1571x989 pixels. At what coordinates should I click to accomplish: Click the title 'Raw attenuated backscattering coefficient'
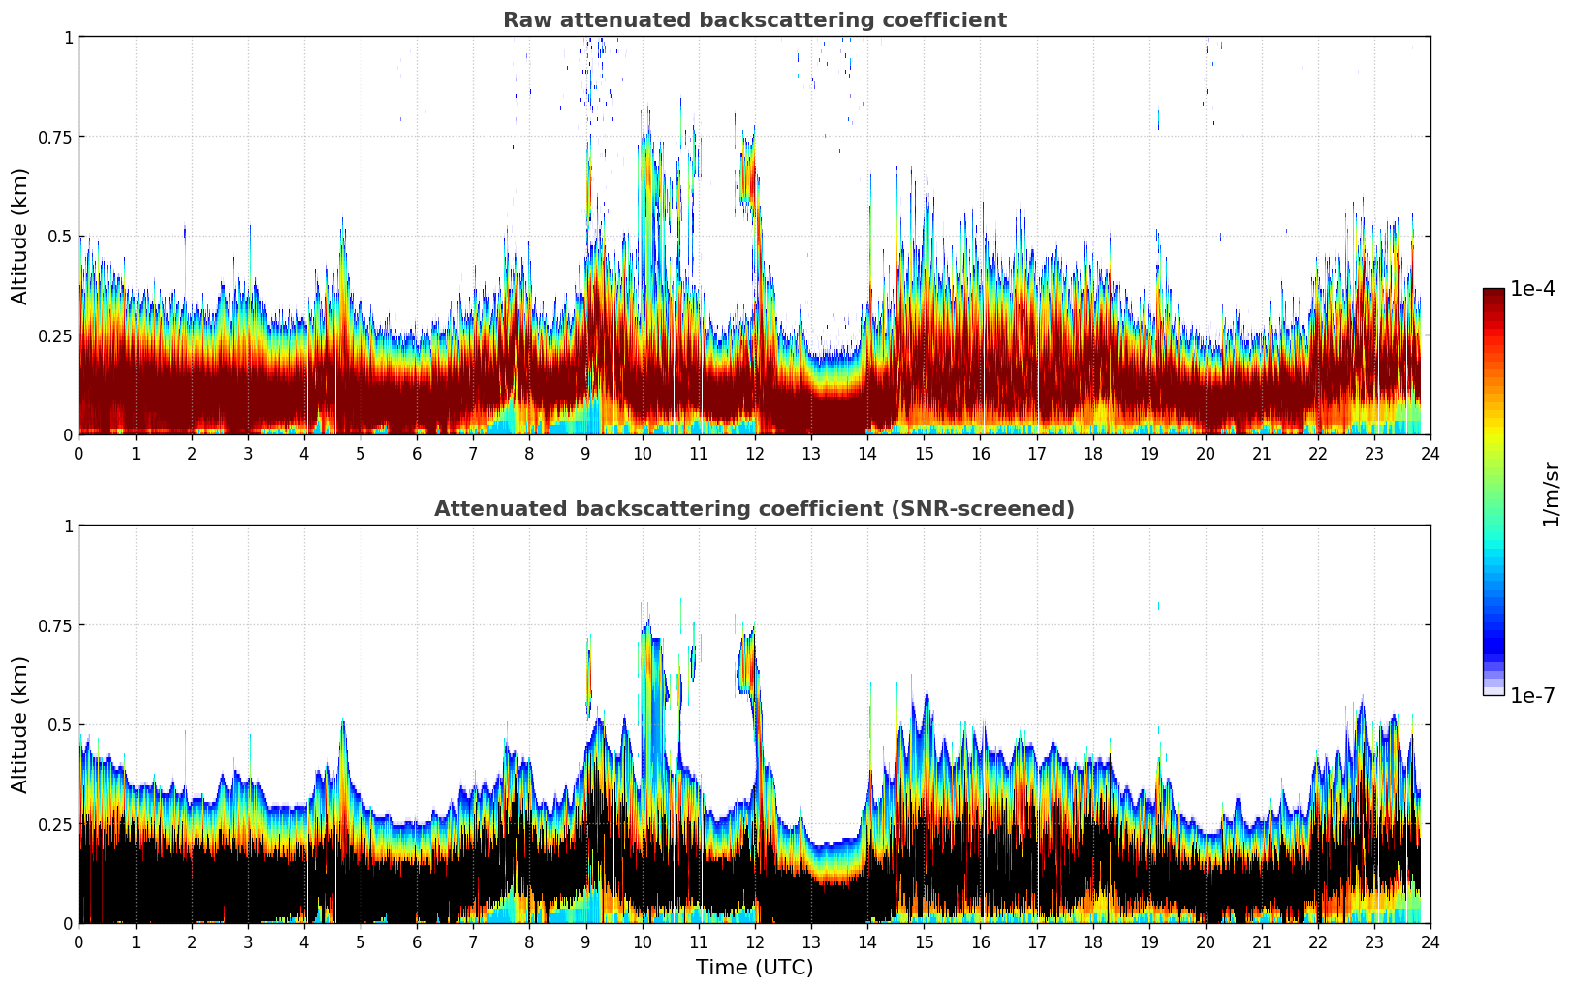(754, 20)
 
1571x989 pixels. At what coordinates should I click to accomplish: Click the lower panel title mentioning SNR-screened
(754, 509)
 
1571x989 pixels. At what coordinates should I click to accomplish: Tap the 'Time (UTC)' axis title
(754, 968)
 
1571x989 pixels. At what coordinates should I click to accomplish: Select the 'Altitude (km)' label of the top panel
(20, 236)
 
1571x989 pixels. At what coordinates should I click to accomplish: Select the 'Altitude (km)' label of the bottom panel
(20, 724)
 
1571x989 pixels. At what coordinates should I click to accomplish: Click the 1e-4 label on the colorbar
(1532, 289)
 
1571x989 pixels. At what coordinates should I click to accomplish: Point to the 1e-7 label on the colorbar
(1532, 695)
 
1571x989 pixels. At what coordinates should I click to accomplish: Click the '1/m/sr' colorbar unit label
(1550, 494)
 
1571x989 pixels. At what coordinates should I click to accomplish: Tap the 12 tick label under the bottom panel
(754, 942)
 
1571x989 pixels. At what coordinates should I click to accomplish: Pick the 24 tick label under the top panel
(1430, 454)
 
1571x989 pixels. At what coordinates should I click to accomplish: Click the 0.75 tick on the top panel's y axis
(55, 137)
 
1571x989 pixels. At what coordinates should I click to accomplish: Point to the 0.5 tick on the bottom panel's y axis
(61, 724)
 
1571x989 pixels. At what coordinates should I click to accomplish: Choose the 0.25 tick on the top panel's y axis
(55, 335)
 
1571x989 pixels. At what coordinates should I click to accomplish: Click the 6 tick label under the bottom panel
(417, 942)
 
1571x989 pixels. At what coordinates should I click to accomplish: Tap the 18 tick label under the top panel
(1092, 454)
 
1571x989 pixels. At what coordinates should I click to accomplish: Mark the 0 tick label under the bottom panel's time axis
(79, 942)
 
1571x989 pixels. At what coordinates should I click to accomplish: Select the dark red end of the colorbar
(1492, 295)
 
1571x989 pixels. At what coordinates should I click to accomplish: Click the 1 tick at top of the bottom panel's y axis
(68, 526)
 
